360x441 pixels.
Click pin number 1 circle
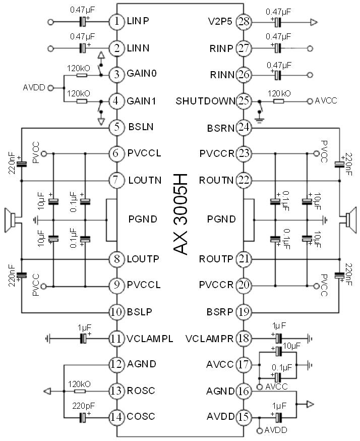116,22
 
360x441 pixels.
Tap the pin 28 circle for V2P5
244,22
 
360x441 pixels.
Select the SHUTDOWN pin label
206,101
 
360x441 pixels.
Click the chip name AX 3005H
181,214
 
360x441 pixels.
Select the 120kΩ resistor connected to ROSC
80,391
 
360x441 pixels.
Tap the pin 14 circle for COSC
116,417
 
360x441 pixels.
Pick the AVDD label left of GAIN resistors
34,88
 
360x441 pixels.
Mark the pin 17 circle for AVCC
244,364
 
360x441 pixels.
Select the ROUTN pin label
216,179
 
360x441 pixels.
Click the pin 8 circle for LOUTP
116,259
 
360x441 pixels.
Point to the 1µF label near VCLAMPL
84,327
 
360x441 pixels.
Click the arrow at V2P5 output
314,22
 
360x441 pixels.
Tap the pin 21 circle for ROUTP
244,259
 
